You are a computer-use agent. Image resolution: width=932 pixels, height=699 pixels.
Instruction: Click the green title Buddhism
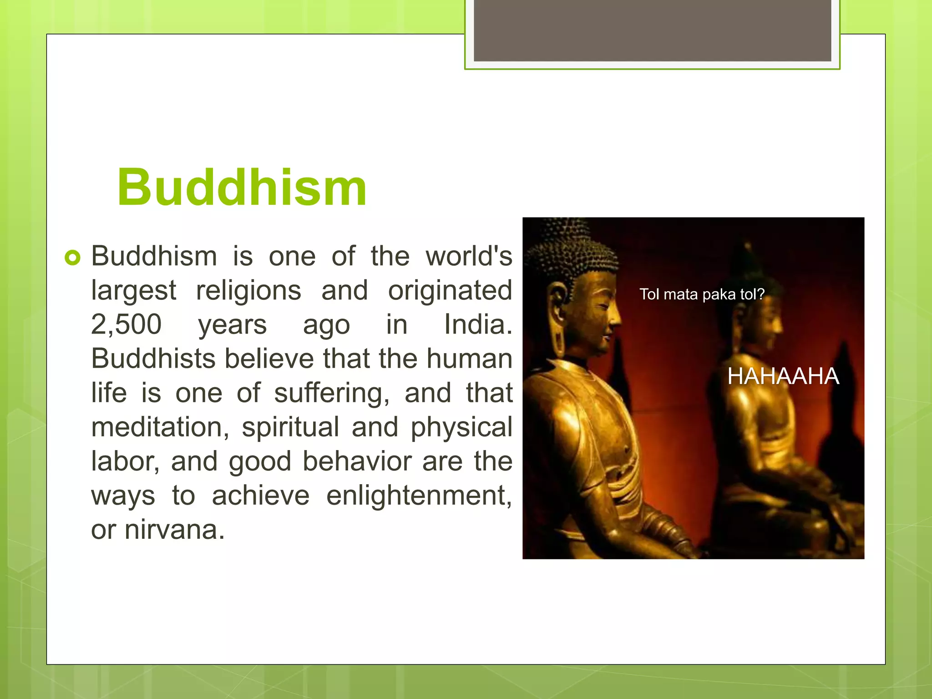click(242, 187)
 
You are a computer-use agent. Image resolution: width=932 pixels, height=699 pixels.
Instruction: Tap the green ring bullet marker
click(72, 258)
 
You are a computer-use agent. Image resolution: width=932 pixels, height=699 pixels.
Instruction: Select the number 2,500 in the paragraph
click(126, 324)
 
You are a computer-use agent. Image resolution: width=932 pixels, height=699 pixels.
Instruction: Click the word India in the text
click(478, 324)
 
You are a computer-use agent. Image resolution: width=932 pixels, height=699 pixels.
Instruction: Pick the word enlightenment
click(419, 495)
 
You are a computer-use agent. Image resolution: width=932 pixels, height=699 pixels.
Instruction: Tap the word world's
click(469, 256)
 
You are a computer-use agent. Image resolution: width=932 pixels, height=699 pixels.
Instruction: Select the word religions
click(248, 290)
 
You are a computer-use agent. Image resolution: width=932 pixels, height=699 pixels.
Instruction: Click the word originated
click(450, 290)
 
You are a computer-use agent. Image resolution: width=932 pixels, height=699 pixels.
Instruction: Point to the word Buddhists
click(153, 359)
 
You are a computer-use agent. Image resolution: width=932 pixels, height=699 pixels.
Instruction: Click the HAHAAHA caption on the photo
click(783, 376)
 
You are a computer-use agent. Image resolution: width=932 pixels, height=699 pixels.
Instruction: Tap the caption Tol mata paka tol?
click(701, 294)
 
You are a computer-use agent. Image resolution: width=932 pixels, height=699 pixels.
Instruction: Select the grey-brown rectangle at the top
click(652, 30)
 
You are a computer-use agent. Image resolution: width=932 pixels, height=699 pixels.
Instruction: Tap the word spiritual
click(290, 427)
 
